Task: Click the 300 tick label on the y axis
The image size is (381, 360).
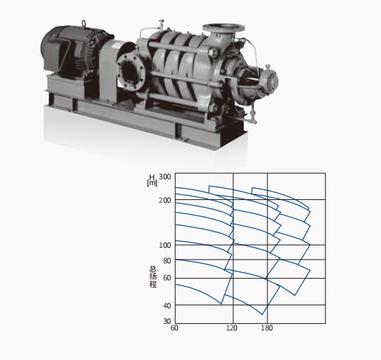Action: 165,176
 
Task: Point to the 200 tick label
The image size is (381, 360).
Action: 165,201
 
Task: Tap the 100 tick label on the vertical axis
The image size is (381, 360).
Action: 165,245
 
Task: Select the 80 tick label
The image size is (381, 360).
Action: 167,260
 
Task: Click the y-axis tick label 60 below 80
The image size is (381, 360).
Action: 167,278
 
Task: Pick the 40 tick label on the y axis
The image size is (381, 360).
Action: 167,306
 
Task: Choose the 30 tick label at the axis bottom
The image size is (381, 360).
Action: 167,321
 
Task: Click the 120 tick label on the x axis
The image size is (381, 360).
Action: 232,328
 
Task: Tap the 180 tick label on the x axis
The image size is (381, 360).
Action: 267,328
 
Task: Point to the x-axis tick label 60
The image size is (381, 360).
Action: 174,328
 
